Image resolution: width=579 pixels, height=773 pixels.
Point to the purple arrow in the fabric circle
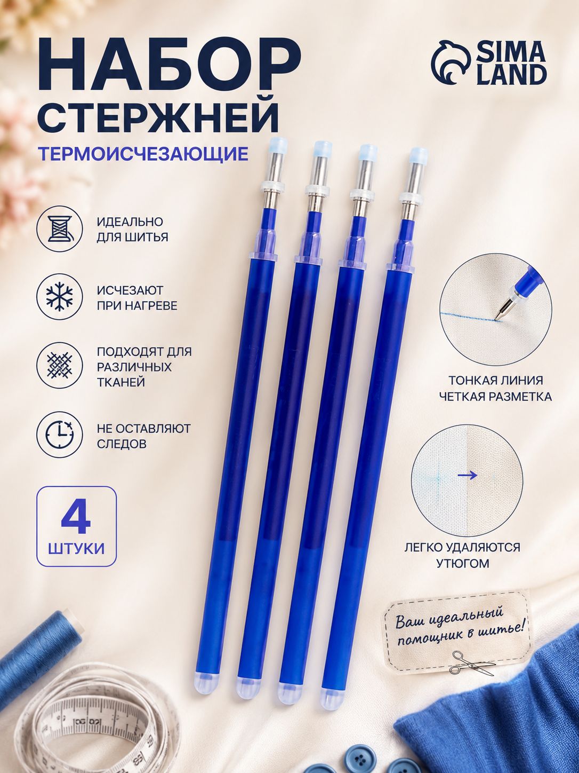[467, 475]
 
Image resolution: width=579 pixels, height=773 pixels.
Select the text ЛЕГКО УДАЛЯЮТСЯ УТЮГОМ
[463, 555]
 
